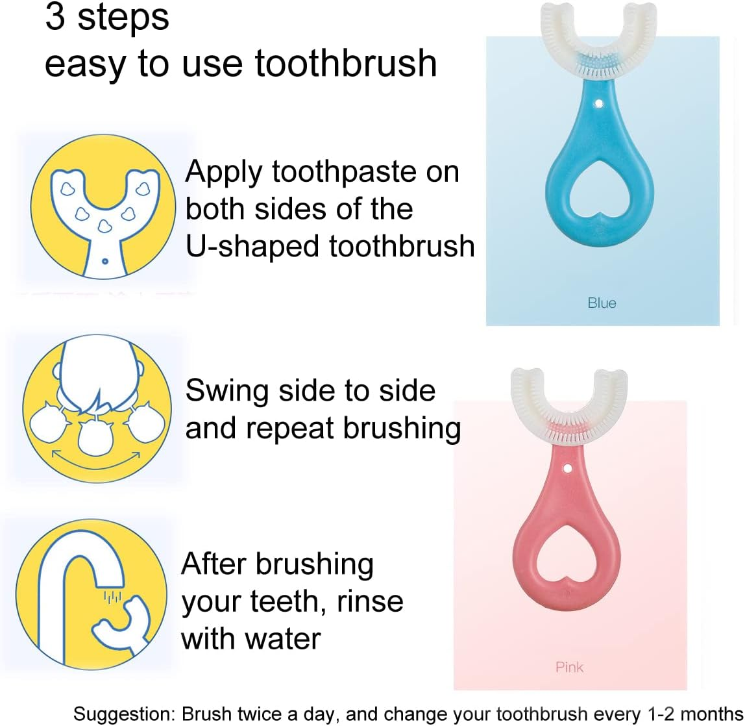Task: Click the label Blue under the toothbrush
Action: coord(602,303)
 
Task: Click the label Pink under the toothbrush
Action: coord(569,667)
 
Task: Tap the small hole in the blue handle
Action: coord(601,101)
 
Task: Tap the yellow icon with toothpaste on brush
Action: coord(104,208)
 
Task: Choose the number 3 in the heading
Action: coord(55,18)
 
